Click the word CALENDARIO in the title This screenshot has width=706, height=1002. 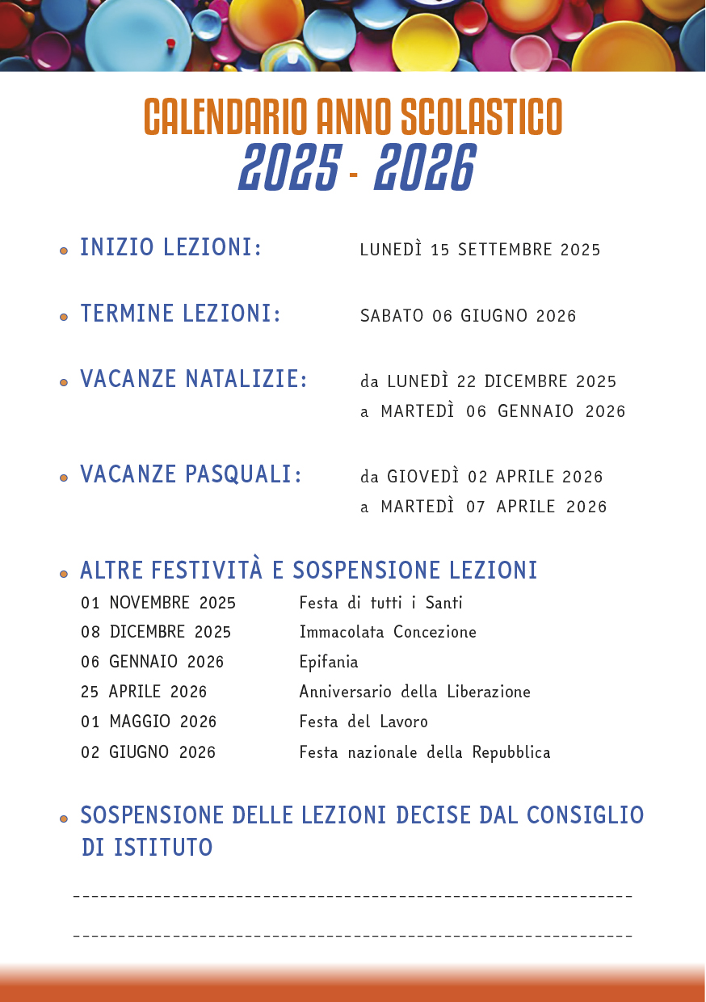(225, 117)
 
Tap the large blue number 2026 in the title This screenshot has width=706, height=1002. (425, 168)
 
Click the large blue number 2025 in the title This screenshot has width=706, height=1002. (288, 168)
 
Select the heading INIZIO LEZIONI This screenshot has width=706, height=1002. (170, 248)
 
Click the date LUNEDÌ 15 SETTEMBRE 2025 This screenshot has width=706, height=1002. (480, 250)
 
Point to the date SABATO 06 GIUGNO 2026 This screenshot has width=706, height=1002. (468, 316)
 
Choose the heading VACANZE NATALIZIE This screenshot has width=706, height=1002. (194, 379)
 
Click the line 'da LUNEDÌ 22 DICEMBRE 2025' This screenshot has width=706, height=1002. (488, 381)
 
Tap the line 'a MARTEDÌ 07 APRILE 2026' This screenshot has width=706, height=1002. (483, 507)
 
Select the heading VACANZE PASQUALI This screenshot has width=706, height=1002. (191, 474)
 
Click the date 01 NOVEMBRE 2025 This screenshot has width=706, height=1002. (158, 603)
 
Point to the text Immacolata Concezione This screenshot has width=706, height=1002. (388, 632)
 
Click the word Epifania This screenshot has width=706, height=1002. (329, 663)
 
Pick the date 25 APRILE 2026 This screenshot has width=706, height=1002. (144, 692)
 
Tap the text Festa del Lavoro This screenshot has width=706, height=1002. (364, 722)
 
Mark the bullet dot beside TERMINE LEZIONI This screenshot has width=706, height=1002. (64, 317)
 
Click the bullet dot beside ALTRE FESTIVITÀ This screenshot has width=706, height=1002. (64, 574)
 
